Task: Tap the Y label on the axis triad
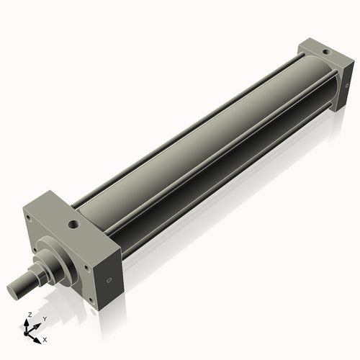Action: click(44, 319)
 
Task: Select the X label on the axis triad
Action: click(45, 338)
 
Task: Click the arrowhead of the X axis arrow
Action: click(39, 336)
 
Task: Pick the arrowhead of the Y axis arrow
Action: click(38, 324)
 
